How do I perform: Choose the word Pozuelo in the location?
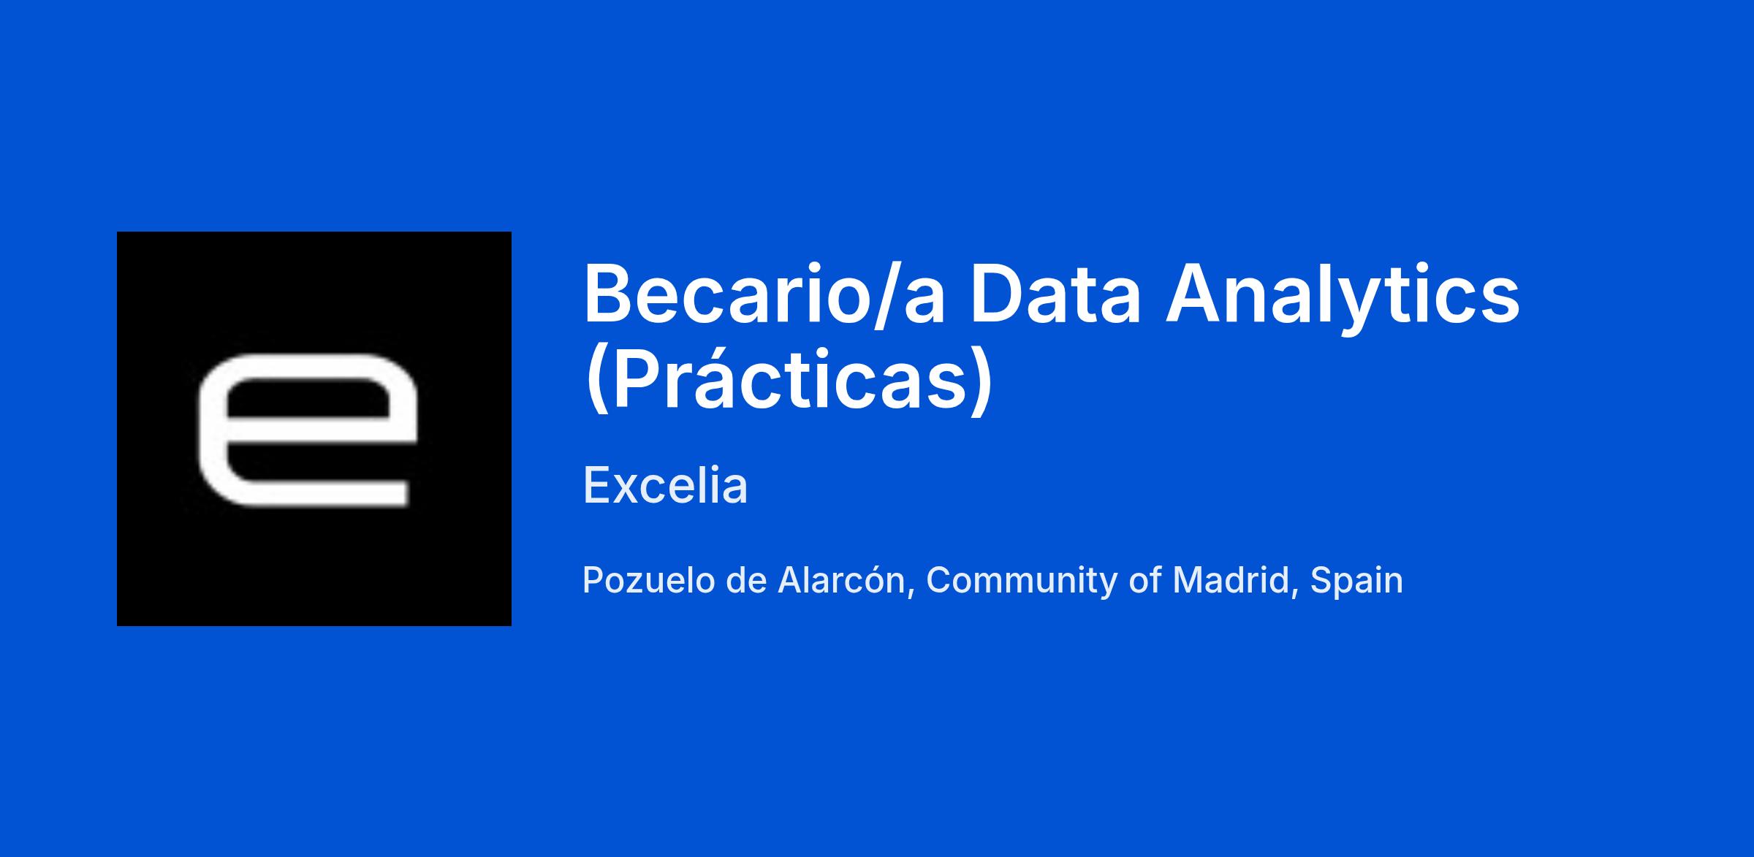click(x=648, y=581)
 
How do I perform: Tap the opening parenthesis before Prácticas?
click(x=598, y=381)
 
